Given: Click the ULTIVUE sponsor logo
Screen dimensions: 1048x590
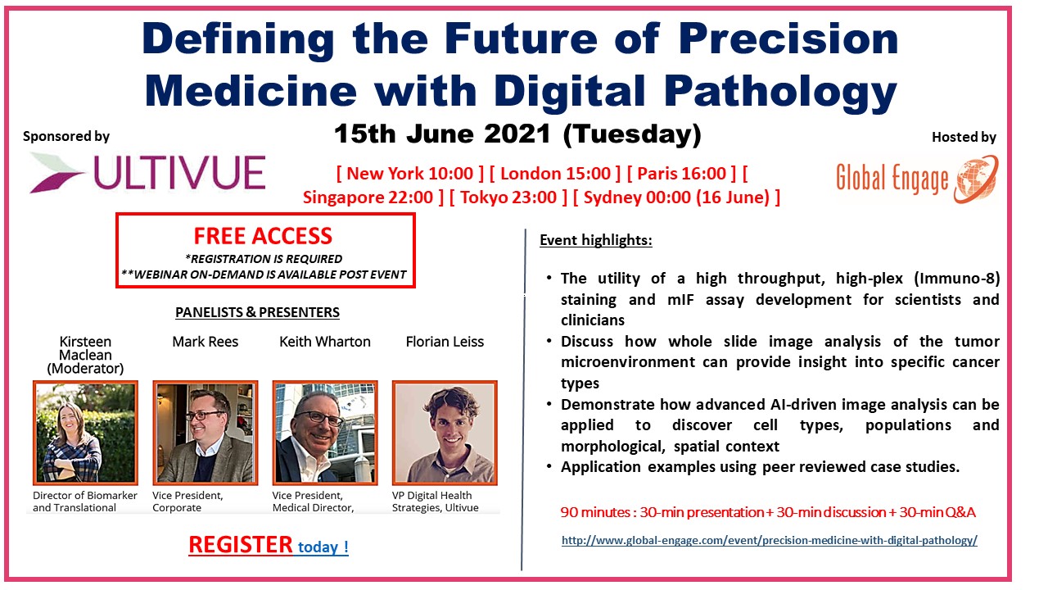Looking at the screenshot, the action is (x=148, y=173).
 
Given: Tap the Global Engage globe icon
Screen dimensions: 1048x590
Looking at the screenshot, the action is (x=977, y=179).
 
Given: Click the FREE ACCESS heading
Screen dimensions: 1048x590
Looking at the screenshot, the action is (x=263, y=236).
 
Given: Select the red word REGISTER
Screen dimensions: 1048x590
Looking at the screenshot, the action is (x=241, y=545).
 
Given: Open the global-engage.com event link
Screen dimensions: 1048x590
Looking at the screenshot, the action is (x=769, y=540).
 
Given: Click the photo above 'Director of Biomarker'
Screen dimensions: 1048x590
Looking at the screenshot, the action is (x=86, y=433).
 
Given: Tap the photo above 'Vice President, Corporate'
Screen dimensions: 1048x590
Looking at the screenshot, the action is (x=206, y=433).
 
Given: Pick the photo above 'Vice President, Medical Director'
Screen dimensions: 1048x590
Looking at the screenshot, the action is (x=325, y=433).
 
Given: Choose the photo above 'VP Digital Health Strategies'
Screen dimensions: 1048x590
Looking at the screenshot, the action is (x=445, y=433).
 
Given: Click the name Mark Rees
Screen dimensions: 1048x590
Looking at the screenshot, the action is (x=206, y=342).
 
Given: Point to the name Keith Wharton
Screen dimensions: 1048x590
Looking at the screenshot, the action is (x=325, y=342).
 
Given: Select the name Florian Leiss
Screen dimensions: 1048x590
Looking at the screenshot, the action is (x=445, y=342).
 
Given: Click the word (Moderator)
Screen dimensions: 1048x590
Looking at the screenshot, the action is (x=85, y=369).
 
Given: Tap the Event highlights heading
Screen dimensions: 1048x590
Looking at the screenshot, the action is (x=596, y=240).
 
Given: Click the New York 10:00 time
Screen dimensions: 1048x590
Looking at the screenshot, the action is (x=410, y=174).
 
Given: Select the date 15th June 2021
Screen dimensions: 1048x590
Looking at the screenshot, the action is (x=443, y=134).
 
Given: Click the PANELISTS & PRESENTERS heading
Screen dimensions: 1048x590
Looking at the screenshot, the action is (x=257, y=312).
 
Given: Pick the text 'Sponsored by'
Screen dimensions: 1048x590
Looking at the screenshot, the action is (x=66, y=136).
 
